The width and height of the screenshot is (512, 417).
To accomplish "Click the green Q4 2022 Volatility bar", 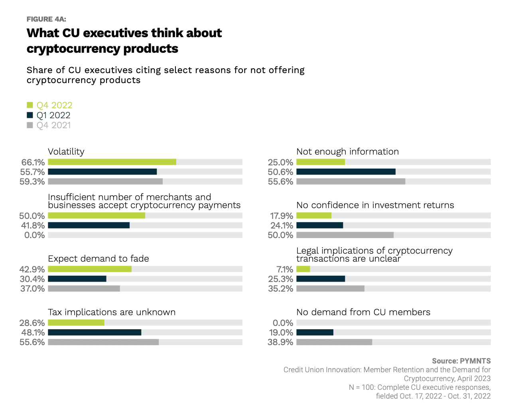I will point(112,162).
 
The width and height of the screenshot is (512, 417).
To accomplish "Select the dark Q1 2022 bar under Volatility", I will point(102,172).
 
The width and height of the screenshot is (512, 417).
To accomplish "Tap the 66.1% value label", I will point(33,162).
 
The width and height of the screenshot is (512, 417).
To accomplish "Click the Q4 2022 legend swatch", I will point(30,105).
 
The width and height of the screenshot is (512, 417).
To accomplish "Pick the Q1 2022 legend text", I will point(53,115).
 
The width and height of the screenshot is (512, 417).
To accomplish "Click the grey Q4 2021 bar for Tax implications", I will point(103,342).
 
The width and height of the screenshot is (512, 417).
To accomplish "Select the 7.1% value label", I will point(285,270).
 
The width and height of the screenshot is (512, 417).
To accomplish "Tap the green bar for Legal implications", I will point(303,269).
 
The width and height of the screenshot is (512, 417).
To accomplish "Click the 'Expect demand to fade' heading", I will point(98,259).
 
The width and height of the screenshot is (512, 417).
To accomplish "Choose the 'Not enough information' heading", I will point(347,152).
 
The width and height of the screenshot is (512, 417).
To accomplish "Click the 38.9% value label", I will point(280,342).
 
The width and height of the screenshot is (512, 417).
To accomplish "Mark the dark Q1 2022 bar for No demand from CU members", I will point(315,332).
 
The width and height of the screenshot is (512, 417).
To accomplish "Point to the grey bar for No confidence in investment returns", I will point(345,235).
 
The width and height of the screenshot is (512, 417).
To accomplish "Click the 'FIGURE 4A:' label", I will point(46,19).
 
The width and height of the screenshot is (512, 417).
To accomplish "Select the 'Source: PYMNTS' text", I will point(461,361).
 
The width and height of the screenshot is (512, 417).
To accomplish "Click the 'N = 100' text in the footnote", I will point(361,387).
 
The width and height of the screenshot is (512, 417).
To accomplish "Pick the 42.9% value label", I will point(32,270).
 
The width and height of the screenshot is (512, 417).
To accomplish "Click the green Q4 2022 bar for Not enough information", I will point(321,162).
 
